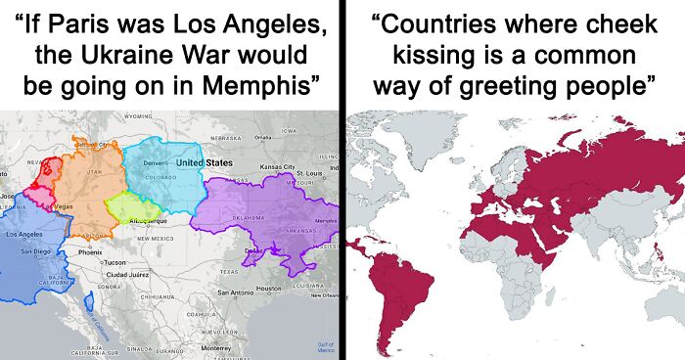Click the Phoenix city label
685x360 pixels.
[x=90, y=252]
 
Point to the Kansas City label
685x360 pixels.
[x=277, y=167]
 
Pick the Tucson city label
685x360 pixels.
[x=114, y=262]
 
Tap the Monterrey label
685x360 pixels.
[x=215, y=347]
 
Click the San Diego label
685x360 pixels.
[x=35, y=251]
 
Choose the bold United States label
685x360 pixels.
[x=204, y=162]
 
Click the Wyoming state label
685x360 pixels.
[x=140, y=116]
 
